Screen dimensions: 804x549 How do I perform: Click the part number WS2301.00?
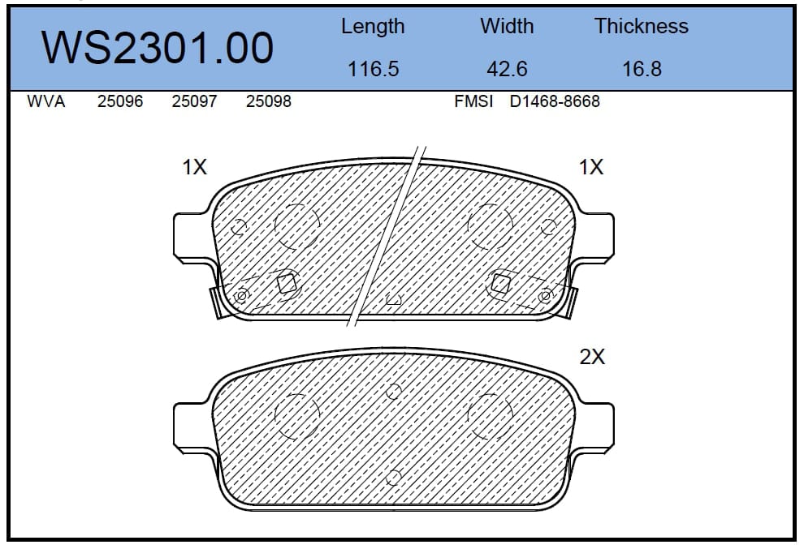[157, 48]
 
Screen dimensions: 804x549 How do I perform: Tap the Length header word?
[373, 27]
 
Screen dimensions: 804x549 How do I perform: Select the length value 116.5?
[374, 69]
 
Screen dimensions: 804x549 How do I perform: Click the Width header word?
[507, 26]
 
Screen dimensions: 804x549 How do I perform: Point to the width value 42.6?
[507, 69]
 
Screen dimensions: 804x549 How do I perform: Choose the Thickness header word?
[641, 26]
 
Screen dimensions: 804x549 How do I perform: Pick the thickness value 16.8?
[642, 69]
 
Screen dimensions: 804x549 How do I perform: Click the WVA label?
[46, 101]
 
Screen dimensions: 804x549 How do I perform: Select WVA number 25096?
[120, 101]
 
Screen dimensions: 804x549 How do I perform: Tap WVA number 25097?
[194, 101]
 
